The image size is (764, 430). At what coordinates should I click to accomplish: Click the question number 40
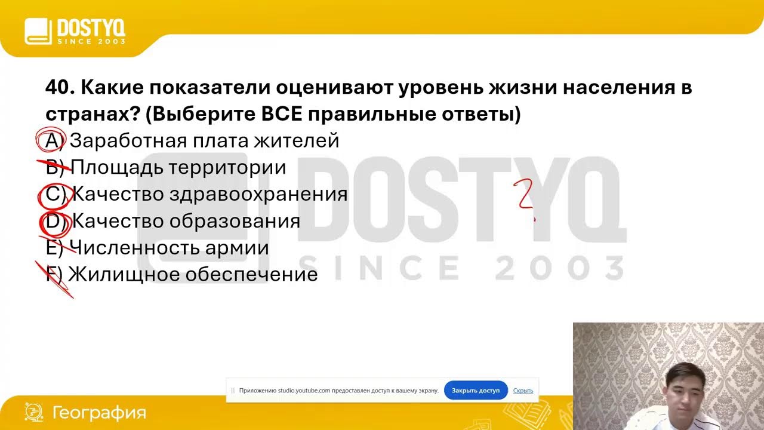point(58,88)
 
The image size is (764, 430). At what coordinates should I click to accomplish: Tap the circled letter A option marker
point(53,141)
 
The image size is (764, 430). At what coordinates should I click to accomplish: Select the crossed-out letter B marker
point(54,167)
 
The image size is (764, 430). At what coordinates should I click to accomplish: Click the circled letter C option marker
point(54,194)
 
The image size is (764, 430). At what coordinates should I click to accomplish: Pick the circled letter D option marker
point(54,221)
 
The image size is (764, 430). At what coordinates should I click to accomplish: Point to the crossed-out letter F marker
point(54,275)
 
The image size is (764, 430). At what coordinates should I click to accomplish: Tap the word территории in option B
point(227,167)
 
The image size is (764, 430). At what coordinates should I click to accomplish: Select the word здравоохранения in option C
point(258,194)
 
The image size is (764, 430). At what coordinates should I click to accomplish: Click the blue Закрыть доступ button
point(476,391)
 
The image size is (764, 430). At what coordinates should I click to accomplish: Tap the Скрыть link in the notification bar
point(523,391)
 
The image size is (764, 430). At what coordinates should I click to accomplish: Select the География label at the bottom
point(99,413)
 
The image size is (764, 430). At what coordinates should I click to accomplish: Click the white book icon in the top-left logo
point(38,31)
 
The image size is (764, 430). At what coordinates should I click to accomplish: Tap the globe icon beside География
point(34,412)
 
